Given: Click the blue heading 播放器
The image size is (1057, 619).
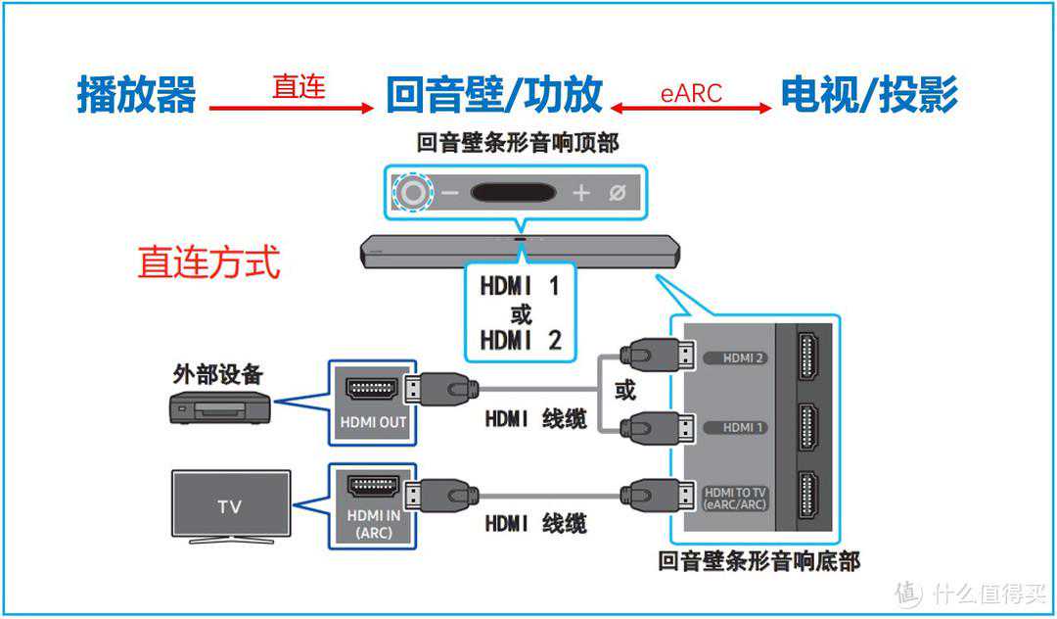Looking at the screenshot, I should [137, 94].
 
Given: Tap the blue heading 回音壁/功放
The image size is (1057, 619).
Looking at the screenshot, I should [493, 94].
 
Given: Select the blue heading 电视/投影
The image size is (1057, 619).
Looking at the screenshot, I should [868, 94].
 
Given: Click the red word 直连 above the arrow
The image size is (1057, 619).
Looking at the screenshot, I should [299, 87].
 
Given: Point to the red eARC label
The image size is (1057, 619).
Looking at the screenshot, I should [691, 94].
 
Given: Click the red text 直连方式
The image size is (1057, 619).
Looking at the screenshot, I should [208, 262].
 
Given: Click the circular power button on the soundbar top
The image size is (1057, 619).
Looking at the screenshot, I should [414, 192].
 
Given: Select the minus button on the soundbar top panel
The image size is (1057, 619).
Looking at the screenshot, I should [450, 193].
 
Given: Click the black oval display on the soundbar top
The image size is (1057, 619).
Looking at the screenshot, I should [513, 192].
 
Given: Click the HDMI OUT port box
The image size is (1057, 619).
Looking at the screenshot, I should [373, 401].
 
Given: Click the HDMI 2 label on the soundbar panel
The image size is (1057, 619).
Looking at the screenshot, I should [743, 358].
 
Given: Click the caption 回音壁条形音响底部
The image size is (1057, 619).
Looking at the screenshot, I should [759, 561].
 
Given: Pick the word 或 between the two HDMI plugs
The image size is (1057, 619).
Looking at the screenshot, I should [624, 391].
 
